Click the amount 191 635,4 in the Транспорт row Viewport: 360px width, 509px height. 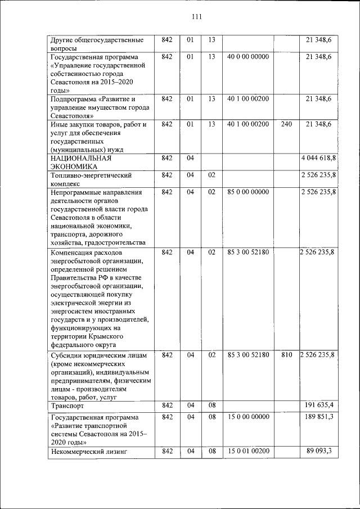[x=319, y=405]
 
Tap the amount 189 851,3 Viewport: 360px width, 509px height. [x=319, y=417]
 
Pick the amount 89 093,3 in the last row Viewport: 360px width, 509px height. [x=319, y=451]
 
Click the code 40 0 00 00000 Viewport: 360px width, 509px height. [x=248, y=57]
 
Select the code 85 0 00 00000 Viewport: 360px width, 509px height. [x=248, y=192]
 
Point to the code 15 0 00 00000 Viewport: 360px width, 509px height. [x=248, y=417]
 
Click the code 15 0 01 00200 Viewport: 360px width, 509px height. [x=248, y=451]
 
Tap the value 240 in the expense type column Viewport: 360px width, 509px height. [x=286, y=124]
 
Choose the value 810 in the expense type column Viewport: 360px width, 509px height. [x=286, y=355]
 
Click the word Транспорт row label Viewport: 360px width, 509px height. [x=67, y=406]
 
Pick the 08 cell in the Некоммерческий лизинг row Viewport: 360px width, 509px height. [x=211, y=451]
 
